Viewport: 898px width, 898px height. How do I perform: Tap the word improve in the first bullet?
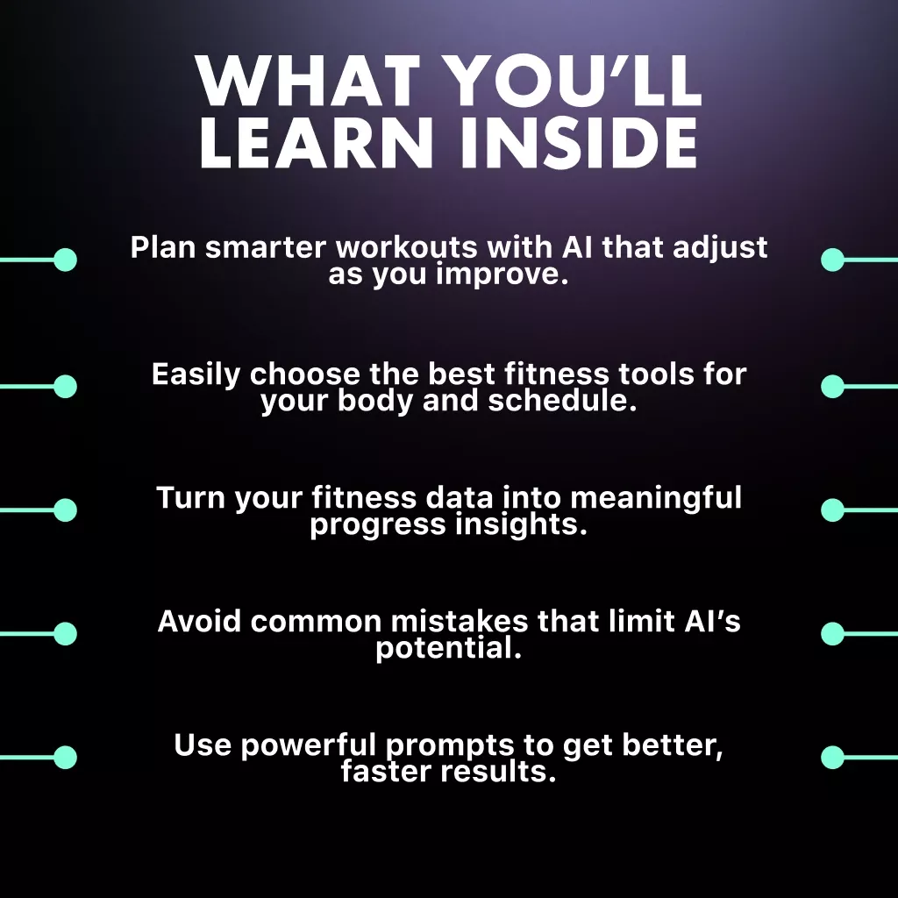point(502,274)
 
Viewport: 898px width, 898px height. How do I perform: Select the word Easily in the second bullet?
point(196,375)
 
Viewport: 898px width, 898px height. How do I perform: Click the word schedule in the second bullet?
point(562,400)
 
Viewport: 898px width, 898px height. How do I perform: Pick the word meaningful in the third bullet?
point(656,498)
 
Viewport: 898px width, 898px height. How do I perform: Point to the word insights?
point(522,524)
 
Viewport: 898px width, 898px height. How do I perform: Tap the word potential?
point(449,648)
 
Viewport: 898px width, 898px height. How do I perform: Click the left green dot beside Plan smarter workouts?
point(65,260)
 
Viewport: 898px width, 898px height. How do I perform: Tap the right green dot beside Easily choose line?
point(833,387)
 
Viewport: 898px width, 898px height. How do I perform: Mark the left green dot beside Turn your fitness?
point(65,510)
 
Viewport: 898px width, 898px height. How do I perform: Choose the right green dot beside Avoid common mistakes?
point(833,633)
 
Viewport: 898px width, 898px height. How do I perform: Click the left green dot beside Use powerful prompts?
point(65,757)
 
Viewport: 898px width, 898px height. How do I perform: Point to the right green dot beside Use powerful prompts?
point(833,757)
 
